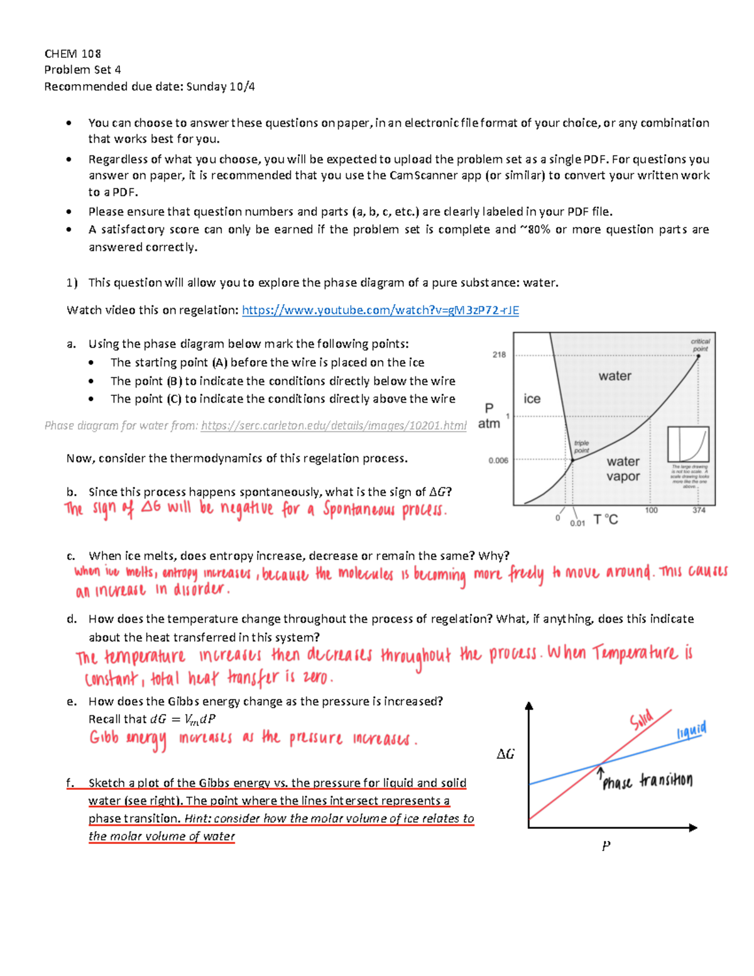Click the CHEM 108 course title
tap(72, 53)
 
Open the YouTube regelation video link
tap(380, 310)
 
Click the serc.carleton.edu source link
tap(333, 425)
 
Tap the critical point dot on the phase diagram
tap(698, 356)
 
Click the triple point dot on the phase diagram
tap(572, 460)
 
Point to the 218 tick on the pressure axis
tap(499, 354)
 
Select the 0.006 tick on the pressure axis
tap(498, 461)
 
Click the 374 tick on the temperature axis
tap(699, 510)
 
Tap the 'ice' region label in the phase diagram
tap(532, 399)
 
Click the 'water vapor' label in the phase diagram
tap(623, 469)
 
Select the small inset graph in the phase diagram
tap(688, 444)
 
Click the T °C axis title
tap(606, 520)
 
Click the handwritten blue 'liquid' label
tap(691, 731)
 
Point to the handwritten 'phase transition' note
tap(647, 781)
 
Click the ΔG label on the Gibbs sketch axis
tap(505, 754)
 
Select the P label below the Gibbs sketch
tap(606, 846)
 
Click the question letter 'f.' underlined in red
tap(71, 783)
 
